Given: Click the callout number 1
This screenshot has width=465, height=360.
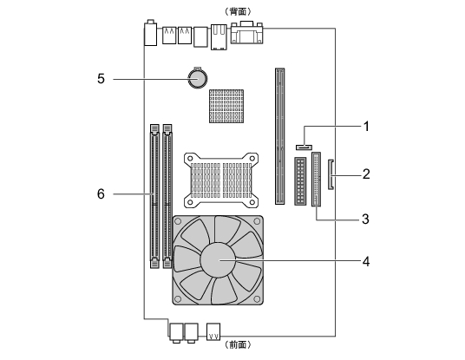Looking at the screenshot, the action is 367,127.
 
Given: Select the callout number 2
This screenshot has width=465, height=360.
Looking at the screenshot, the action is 366,174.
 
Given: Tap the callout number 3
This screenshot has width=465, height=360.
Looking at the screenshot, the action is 365,219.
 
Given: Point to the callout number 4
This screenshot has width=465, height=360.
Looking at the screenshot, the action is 366,262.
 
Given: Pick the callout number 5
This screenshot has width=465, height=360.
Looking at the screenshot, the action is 102,79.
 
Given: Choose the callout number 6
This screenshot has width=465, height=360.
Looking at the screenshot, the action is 101,194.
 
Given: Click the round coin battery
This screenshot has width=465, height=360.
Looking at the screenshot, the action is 198,78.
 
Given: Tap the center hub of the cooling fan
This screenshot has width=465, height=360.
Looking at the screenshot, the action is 218,260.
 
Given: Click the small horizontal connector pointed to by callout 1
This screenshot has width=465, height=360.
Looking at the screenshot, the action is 304,147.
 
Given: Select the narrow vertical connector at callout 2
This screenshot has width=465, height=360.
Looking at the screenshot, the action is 331,174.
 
